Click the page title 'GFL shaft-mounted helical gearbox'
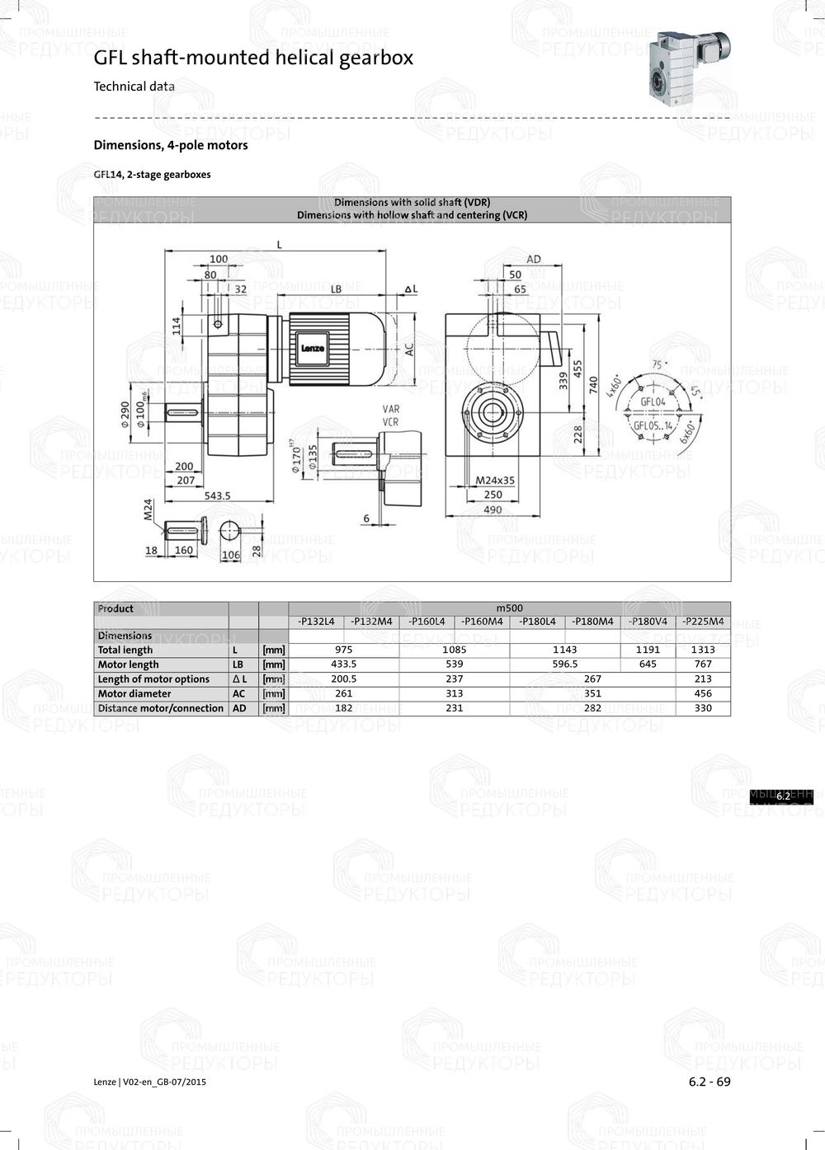253,58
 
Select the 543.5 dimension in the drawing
217,495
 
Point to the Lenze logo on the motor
312,348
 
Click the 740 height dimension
593,384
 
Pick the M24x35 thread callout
495,480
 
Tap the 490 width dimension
493,509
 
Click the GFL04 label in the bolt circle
653,402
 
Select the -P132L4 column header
316,622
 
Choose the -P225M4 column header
703,622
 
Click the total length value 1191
648,650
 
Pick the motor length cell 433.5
343,664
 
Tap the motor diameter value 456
703,693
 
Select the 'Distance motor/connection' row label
161,708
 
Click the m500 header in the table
509,608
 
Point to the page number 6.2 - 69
709,1082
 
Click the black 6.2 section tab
781,796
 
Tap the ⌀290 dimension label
125,412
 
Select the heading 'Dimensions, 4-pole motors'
171,145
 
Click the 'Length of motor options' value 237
454,679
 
